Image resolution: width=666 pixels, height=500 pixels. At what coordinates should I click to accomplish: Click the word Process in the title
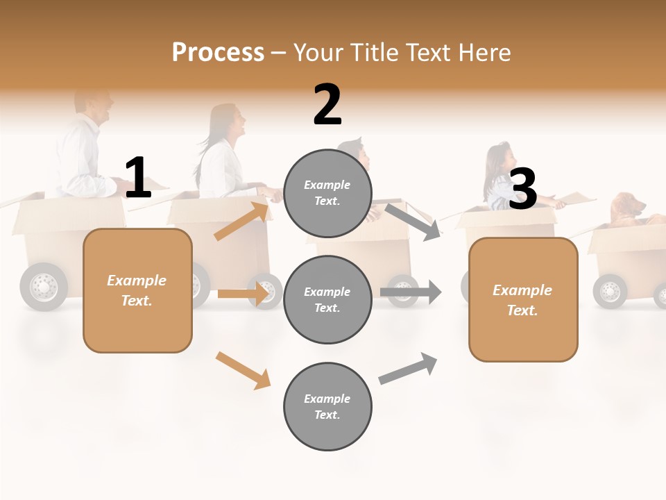click(x=218, y=52)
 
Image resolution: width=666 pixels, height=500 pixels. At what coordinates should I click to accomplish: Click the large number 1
click(x=137, y=178)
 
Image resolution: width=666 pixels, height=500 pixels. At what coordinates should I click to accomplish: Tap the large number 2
click(x=327, y=105)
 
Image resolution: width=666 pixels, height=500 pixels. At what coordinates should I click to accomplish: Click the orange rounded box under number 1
click(x=137, y=290)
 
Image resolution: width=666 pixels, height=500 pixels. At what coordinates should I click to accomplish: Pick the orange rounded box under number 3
click(x=523, y=299)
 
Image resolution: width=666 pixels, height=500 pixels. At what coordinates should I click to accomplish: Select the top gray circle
click(x=327, y=193)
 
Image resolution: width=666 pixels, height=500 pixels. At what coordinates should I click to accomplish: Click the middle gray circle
click(x=327, y=299)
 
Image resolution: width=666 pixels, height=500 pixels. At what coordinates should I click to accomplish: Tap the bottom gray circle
click(x=327, y=406)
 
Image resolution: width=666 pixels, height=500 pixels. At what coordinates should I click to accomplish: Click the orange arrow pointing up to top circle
click(x=241, y=221)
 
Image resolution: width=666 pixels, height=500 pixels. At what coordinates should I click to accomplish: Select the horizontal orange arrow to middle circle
click(x=243, y=294)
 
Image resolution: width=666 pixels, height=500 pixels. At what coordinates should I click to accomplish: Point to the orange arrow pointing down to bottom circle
click(x=243, y=370)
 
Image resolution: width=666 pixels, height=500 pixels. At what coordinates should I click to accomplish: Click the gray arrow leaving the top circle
click(x=413, y=222)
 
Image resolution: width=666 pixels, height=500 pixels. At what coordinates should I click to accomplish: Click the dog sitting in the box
click(x=628, y=209)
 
